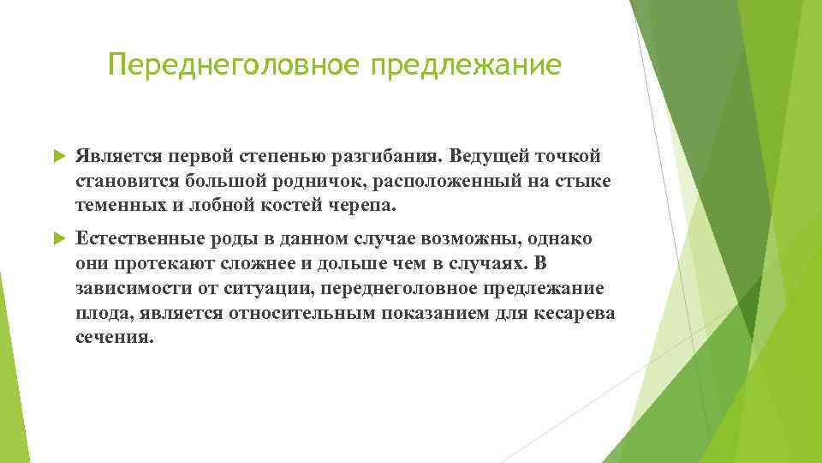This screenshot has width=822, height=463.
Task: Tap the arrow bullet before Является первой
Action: (59, 158)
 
